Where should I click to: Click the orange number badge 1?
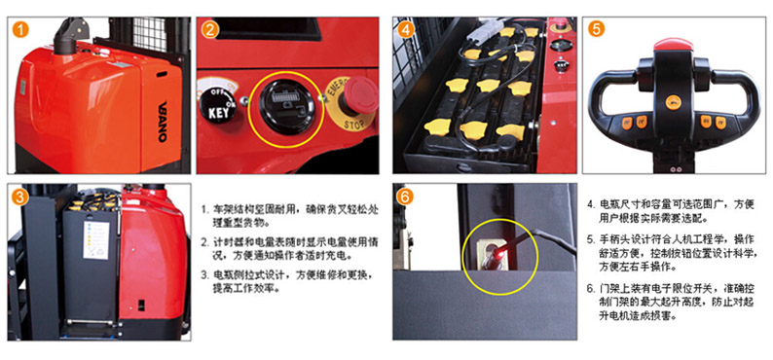click(20, 29)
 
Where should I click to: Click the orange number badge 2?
click(209, 30)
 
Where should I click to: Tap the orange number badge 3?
click(20, 197)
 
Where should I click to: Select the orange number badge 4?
click(405, 30)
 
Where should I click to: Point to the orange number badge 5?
click(596, 29)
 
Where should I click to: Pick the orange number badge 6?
click(405, 197)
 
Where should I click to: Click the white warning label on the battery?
click(96, 239)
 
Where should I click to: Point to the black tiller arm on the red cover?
click(66, 34)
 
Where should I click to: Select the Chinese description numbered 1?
click(290, 216)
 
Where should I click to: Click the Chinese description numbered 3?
click(290, 281)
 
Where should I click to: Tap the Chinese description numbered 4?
click(677, 211)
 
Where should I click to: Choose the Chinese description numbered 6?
click(677, 302)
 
